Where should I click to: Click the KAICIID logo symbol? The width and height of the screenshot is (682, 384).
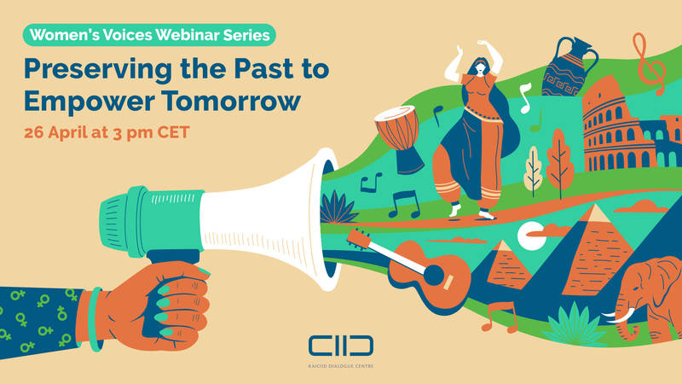[x=341, y=346]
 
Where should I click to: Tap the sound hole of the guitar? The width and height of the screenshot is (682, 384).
[x=434, y=275]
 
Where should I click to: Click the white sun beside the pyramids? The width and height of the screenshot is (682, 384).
[x=531, y=236]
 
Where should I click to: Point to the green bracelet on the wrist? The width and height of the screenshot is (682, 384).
[x=95, y=319]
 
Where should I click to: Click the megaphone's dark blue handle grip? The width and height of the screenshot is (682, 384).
[x=174, y=257]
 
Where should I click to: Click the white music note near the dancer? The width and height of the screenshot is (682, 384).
[x=525, y=98]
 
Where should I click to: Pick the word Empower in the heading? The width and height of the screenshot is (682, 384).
[x=90, y=102]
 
